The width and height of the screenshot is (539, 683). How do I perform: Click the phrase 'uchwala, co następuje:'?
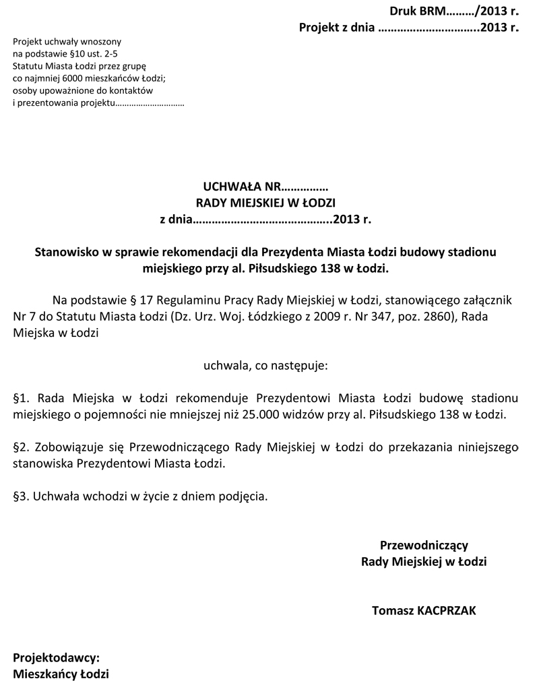(265, 366)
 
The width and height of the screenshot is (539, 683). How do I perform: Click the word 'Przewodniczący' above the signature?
(424, 545)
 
